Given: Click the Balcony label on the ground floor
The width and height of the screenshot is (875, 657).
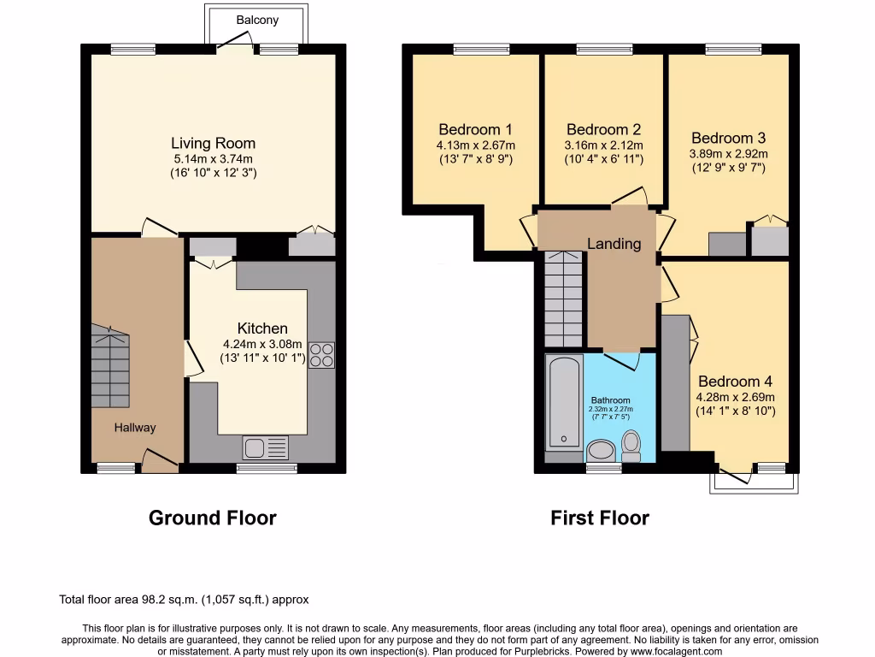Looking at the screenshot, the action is (x=257, y=21).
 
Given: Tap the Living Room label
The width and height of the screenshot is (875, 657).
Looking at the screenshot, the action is (x=213, y=144).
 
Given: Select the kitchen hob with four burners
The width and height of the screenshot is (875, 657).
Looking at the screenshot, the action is (x=322, y=355).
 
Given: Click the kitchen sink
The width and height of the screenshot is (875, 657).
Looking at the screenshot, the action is (x=266, y=447).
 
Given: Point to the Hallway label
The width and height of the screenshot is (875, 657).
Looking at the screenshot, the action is (x=135, y=428).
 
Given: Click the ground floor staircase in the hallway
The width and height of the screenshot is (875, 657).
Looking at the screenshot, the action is (x=110, y=366).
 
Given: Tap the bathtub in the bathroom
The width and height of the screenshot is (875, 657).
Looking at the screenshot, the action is (x=564, y=401).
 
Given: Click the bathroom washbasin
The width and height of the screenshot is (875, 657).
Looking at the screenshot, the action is (x=601, y=451).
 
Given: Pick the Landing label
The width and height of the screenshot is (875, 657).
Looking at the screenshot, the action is (x=614, y=244).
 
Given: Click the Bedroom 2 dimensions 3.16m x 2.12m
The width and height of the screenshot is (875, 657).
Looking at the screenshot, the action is (x=604, y=145).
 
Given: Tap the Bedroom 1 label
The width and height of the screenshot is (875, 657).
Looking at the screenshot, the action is (x=475, y=130).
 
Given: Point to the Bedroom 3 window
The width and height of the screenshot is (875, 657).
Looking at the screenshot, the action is (x=734, y=50).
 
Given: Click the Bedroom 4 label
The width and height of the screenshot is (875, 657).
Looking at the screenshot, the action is (x=736, y=382).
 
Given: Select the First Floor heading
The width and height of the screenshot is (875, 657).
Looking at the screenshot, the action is (x=600, y=518).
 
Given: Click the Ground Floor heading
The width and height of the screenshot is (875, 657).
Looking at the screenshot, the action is (x=213, y=518).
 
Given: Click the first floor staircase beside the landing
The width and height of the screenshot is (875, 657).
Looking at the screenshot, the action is (x=564, y=299).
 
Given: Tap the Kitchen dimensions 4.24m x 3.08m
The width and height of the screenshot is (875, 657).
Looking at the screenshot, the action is (x=262, y=344).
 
